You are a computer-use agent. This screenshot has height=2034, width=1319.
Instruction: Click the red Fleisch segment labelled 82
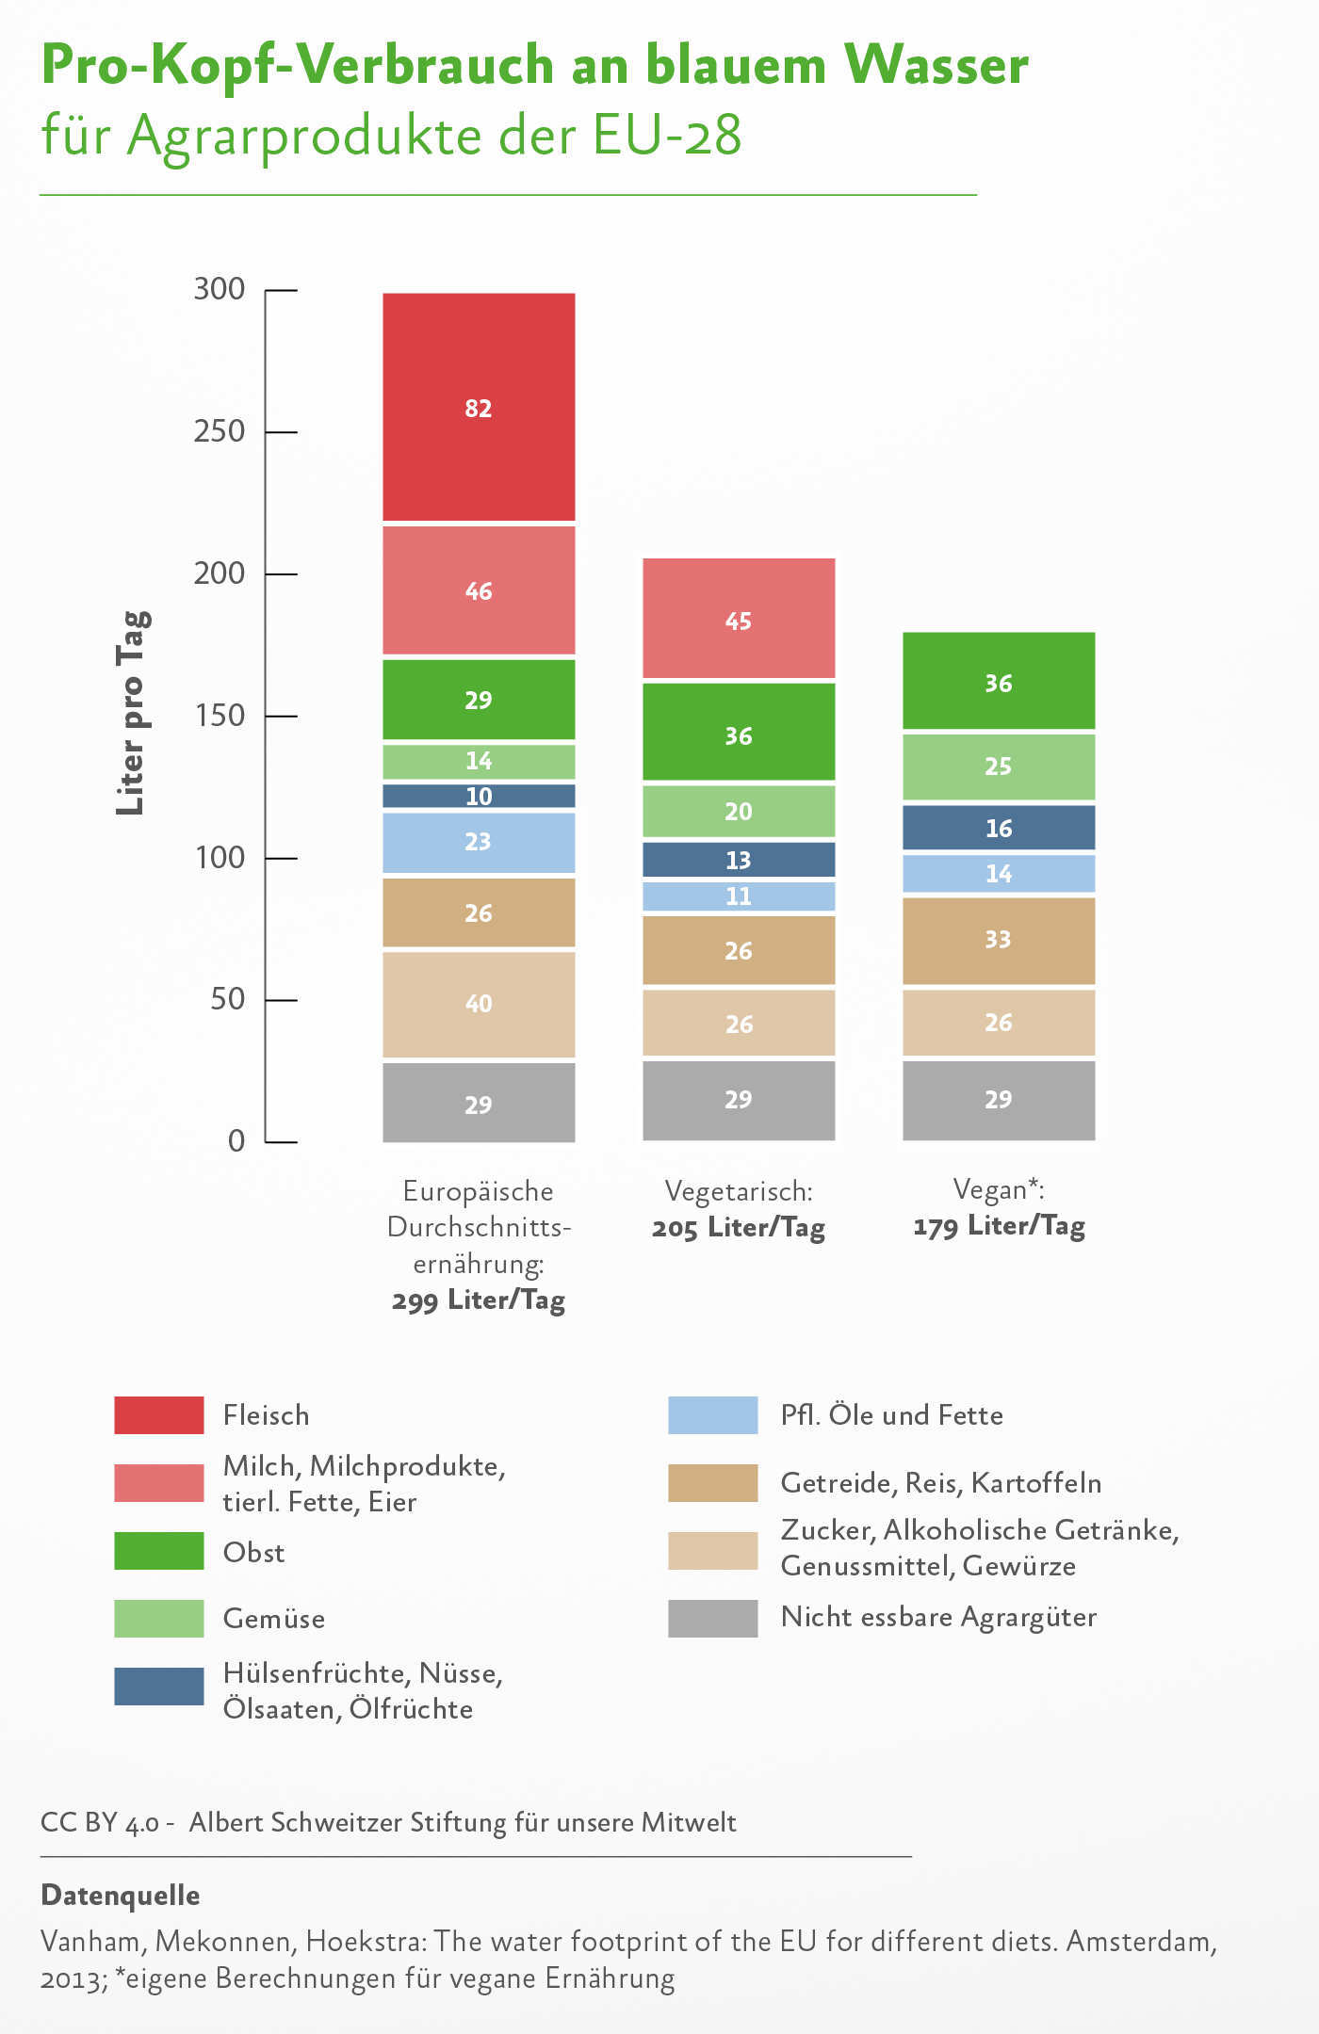(x=479, y=407)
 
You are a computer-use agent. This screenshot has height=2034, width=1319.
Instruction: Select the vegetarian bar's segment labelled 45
(x=739, y=620)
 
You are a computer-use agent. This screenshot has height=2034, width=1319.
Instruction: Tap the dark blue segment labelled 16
(x=999, y=828)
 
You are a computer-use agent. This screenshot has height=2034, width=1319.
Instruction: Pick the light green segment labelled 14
(x=479, y=761)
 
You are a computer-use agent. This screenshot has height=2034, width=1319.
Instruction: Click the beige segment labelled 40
(x=479, y=1004)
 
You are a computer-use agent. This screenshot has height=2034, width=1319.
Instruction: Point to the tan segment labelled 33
(x=999, y=940)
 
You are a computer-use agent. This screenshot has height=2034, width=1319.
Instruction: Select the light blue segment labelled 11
(x=739, y=896)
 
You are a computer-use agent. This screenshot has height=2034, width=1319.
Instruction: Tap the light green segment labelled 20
(x=739, y=811)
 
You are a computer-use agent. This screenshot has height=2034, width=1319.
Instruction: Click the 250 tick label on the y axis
(x=220, y=431)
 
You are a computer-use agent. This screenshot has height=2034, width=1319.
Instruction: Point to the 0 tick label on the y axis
(x=236, y=1141)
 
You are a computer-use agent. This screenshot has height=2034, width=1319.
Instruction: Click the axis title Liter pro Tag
(x=132, y=713)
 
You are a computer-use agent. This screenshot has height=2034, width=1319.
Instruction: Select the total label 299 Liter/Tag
(x=479, y=1300)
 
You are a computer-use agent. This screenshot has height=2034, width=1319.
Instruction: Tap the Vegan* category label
(x=999, y=1189)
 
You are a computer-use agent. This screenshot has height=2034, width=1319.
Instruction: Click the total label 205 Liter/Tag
(x=739, y=1228)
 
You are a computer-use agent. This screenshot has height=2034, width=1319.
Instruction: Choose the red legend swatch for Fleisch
(x=158, y=1415)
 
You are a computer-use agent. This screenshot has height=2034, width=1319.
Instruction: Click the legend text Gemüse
(x=274, y=1619)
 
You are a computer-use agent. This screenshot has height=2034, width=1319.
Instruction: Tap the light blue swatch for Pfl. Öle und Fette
(x=712, y=1415)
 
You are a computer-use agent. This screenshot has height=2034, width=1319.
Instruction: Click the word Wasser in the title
(x=936, y=66)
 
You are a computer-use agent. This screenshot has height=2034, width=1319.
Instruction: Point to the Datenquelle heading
(x=121, y=1896)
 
